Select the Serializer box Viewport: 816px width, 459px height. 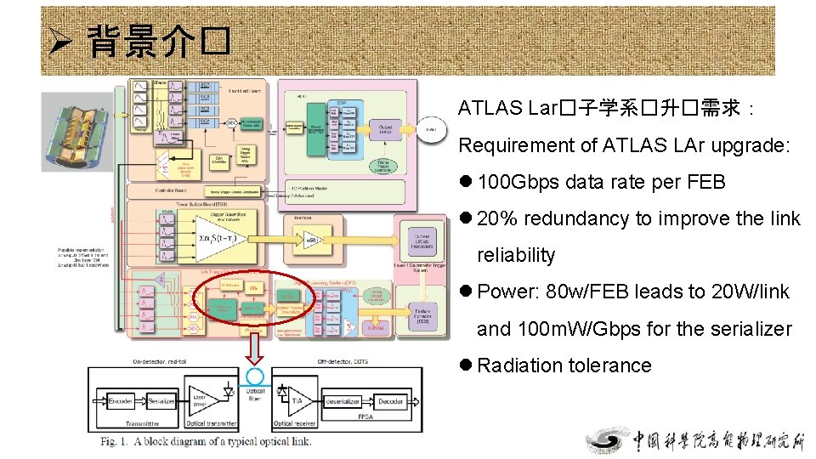point(161,399)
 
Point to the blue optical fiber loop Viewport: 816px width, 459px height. point(255,377)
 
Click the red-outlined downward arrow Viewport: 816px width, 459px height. point(254,348)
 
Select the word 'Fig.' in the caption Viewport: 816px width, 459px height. point(111,441)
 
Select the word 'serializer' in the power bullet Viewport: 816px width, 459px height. point(749,328)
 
